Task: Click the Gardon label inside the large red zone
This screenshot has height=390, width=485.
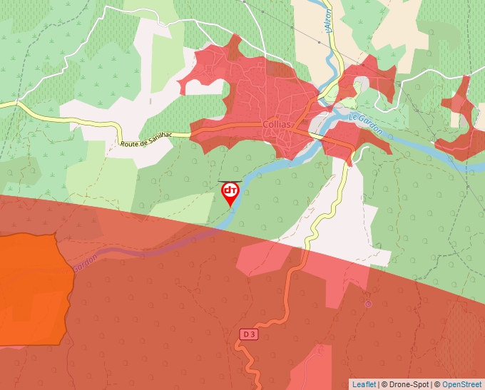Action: point(83,262)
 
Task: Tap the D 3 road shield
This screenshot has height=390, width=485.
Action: point(248,334)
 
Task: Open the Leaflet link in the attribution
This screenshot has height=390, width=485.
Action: point(364,384)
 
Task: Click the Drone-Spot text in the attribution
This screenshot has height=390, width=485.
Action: point(407,384)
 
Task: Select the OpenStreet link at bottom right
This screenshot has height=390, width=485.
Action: point(462,384)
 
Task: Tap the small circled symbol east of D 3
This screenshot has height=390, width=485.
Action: point(368,304)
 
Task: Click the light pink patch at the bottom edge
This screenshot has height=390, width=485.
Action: point(314,367)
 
